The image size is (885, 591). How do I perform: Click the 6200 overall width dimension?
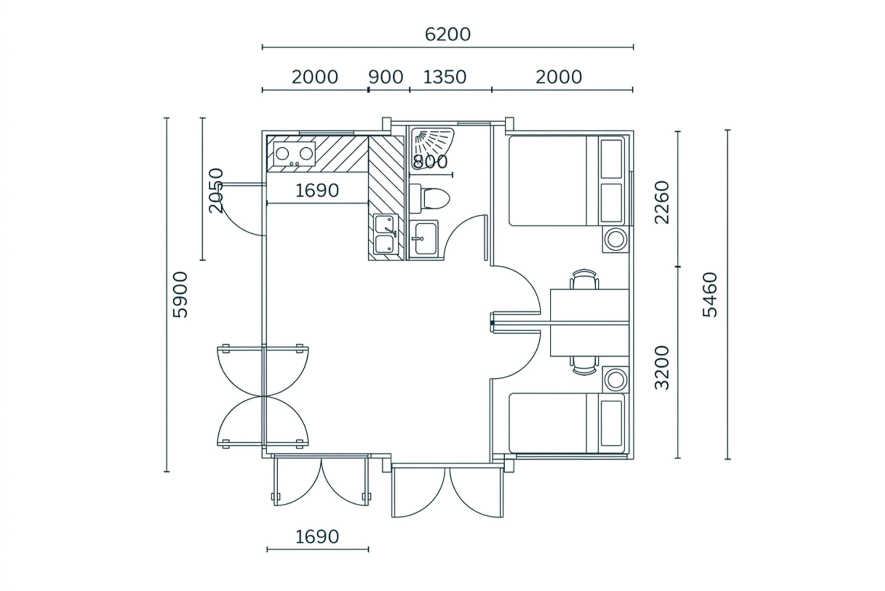[x=447, y=34]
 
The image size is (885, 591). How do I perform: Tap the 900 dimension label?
[x=385, y=77]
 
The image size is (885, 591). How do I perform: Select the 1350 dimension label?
[x=445, y=77]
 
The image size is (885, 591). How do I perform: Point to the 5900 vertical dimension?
[x=180, y=295]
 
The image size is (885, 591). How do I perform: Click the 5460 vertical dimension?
[x=710, y=295]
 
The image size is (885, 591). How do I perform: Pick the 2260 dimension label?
[x=662, y=202]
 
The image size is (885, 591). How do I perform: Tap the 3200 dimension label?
[x=662, y=368]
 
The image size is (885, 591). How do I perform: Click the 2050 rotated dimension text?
[x=216, y=191]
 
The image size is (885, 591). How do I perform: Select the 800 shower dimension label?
[x=430, y=162]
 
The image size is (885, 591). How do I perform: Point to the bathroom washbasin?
[x=423, y=239]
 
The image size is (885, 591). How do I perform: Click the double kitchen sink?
[x=386, y=233]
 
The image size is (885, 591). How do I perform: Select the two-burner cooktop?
[x=291, y=154]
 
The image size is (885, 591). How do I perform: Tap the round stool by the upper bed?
[x=615, y=239]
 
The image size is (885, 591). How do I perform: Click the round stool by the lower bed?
[x=615, y=380]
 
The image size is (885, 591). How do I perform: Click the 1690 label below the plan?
[x=317, y=537]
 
